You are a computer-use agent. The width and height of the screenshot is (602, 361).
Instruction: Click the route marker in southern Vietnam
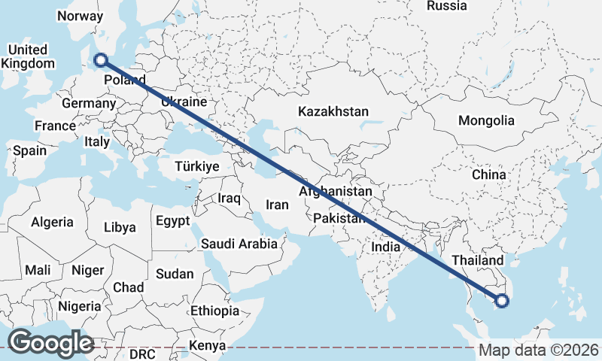tap(502, 302)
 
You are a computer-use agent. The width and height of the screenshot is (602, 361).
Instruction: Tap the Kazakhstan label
tap(333, 111)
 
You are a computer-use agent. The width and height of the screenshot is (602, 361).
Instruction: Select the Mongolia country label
tap(486, 120)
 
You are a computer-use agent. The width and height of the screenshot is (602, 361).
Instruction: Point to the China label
tap(488, 174)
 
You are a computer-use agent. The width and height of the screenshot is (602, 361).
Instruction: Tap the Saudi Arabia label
tap(239, 244)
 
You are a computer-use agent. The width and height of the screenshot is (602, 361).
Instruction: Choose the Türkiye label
tap(196, 166)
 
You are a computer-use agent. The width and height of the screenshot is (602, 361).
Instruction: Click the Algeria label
tap(52, 222)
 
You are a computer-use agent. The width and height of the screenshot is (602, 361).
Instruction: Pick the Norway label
tap(80, 16)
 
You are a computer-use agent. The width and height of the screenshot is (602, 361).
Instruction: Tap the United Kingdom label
tap(28, 56)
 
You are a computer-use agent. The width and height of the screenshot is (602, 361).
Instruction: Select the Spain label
tap(29, 150)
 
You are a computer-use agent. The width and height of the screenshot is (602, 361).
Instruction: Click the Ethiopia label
tap(214, 311)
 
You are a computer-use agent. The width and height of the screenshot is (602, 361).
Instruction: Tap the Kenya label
tap(207, 346)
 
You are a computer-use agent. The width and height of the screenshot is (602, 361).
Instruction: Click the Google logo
tap(51, 342)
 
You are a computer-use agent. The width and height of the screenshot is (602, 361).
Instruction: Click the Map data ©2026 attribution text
tap(539, 350)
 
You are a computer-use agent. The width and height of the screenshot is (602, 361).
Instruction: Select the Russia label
tap(447, 6)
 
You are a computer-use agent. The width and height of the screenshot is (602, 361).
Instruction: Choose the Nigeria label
tap(79, 306)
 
